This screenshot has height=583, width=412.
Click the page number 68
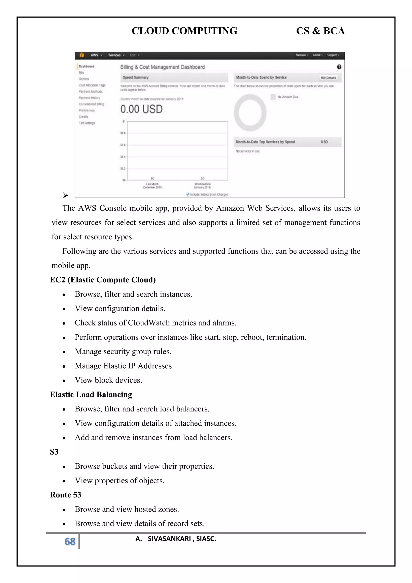pyautogui.click(x=70, y=541)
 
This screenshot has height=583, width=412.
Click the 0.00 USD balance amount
pyautogui.click(x=141, y=109)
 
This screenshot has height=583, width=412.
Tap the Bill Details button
pyautogui.click(x=328, y=78)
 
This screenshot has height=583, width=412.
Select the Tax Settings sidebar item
pyautogui.click(x=87, y=123)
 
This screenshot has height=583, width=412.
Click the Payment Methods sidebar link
pyautogui.click(x=91, y=91)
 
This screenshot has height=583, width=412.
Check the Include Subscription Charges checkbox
pyautogui.click(x=188, y=194)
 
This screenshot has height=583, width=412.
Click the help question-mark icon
pyautogui.click(x=339, y=67)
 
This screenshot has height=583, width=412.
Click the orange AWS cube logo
pyautogui.click(x=82, y=55)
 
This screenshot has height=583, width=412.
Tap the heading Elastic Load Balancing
pyautogui.click(x=91, y=394)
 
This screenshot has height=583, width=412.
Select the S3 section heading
pyautogui.click(x=54, y=452)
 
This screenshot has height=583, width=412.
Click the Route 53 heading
pyautogui.click(x=65, y=495)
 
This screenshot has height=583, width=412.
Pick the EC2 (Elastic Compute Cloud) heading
pyautogui.click(x=103, y=280)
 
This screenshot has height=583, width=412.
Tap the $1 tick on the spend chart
pyautogui.click(x=124, y=122)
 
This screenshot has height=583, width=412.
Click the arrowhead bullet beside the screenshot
pyautogui.click(x=65, y=195)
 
